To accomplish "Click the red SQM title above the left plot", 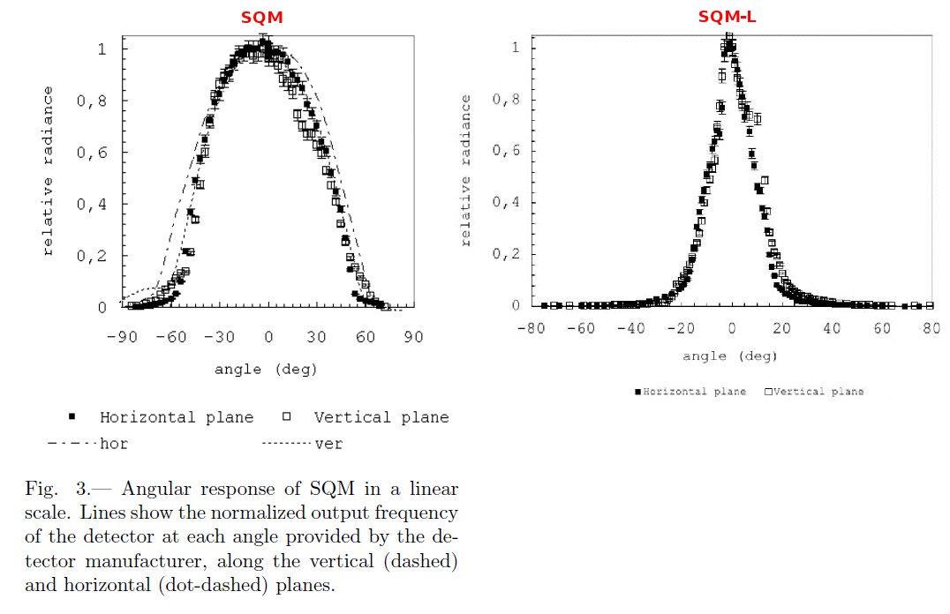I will (x=262, y=17).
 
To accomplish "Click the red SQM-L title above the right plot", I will (x=727, y=17).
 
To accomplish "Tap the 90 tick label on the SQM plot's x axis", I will (x=413, y=337).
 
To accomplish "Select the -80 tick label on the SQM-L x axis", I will (x=530, y=328).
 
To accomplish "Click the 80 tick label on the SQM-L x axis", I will (x=931, y=328).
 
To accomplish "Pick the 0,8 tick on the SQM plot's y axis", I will (x=91, y=101).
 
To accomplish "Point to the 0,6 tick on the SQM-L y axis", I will (x=505, y=151).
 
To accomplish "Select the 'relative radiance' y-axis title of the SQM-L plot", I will (x=467, y=169).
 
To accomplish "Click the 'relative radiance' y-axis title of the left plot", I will (x=49, y=169).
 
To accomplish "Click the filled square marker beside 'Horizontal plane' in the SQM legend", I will (x=72, y=416).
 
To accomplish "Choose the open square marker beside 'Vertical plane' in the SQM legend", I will (x=286, y=416).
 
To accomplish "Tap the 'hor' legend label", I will (x=114, y=444).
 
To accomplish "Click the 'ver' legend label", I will (x=328, y=444).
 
